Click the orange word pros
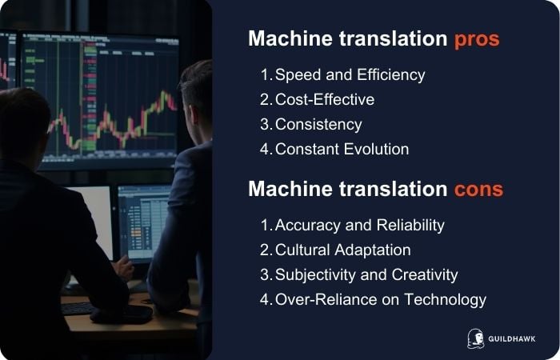pos(476,39)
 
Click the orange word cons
pos(476,190)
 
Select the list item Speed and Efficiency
pos(350,75)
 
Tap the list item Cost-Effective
pos(325,100)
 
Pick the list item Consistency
pos(318,125)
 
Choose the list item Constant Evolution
pos(342,150)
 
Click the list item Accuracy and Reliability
pos(359,226)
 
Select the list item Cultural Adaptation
pos(342,250)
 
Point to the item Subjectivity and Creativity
pos(366,275)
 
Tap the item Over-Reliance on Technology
pos(380,300)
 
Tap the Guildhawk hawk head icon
pos(474,338)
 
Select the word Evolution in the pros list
pos(375,150)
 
